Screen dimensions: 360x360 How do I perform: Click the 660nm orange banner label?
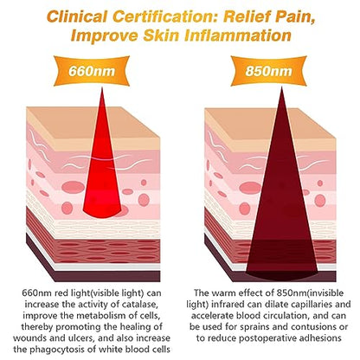[x=92, y=71]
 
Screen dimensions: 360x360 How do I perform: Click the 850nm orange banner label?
[x=268, y=71]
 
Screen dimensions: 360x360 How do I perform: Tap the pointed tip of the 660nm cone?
[x=102, y=88]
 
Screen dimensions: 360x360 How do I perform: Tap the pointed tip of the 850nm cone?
[x=281, y=88]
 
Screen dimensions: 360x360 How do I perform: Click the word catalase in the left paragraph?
[x=139, y=305]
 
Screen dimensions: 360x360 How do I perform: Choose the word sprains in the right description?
[x=256, y=327]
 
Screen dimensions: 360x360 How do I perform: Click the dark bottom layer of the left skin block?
[x=106, y=276]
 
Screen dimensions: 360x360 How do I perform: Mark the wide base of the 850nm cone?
[x=281, y=273]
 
